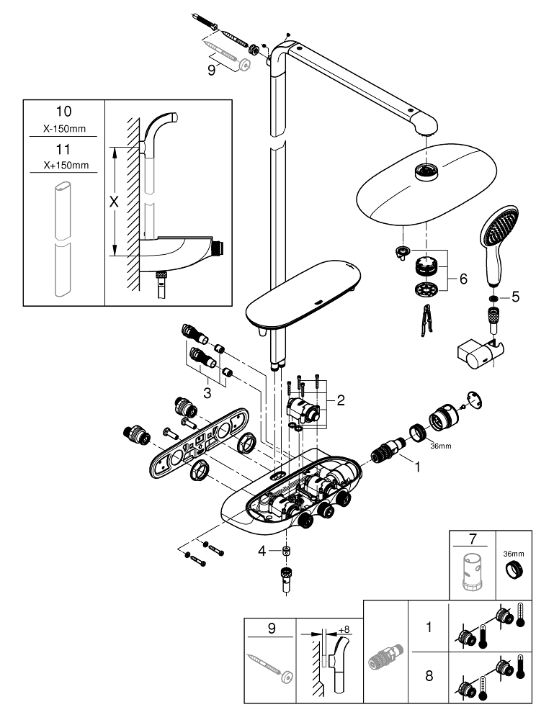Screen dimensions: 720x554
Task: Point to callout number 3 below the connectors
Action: (207, 393)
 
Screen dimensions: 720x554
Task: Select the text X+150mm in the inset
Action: (64, 165)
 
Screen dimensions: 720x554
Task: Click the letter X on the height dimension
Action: (112, 203)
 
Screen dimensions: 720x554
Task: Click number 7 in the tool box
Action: (473, 539)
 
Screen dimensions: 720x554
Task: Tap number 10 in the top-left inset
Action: (64, 112)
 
